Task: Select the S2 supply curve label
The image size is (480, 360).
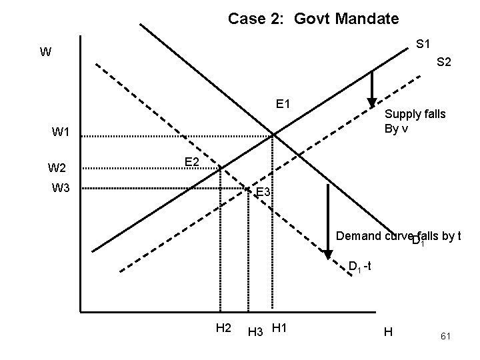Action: (x=444, y=62)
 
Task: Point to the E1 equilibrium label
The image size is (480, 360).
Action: (x=283, y=104)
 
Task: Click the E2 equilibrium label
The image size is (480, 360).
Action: (x=192, y=162)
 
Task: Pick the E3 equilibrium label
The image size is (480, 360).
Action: (x=264, y=193)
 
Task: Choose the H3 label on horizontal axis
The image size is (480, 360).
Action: (x=255, y=330)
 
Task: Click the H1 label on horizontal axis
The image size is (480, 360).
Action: (x=280, y=327)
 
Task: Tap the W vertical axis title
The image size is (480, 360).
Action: (x=45, y=51)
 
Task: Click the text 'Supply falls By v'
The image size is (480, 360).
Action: (x=415, y=121)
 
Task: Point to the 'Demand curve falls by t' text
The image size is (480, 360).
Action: (x=399, y=237)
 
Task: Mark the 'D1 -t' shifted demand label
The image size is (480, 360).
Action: (x=365, y=267)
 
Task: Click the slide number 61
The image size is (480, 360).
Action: (x=446, y=338)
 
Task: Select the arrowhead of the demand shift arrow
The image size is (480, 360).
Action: (x=329, y=255)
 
